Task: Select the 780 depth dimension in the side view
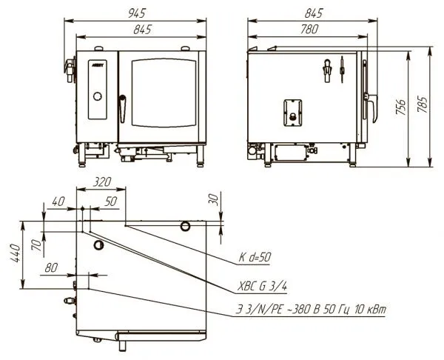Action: click(309, 29)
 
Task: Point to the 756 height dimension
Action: click(401, 107)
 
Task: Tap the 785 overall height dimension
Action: click(423, 104)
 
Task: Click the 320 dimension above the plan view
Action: click(102, 181)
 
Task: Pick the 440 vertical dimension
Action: click(15, 253)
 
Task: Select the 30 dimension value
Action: click(215, 200)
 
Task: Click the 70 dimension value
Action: click(36, 245)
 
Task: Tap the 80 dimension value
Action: click(51, 267)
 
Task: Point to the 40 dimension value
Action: click(58, 201)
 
